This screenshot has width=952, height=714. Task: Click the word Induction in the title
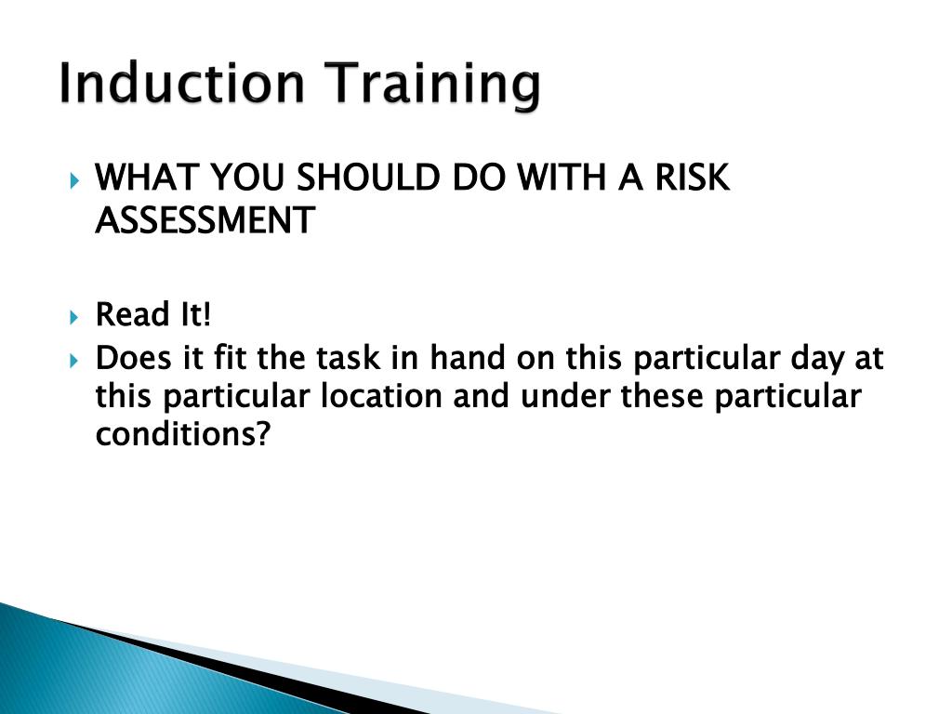(x=180, y=85)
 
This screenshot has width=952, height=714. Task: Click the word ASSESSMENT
(x=205, y=221)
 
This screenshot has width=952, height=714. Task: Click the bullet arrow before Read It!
(x=75, y=317)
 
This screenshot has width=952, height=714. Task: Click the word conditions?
(x=182, y=435)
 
